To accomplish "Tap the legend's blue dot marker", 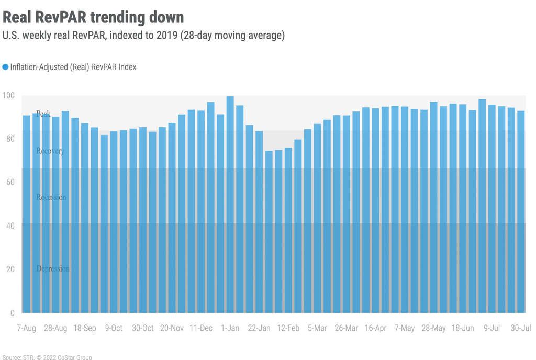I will pos(5,67).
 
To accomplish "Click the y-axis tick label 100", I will pos(8,95).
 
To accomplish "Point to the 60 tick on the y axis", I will pos(10,182).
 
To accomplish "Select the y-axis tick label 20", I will pos(10,269).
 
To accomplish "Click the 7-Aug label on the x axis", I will pos(26,328).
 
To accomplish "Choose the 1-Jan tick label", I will pos(230,328).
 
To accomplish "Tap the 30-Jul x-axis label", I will pos(521,328).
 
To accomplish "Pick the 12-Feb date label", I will pos(288,328).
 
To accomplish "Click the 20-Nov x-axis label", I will pos(172,328).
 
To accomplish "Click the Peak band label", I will pos(43,114).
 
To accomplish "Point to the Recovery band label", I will pos(50,151).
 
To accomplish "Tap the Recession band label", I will pos(51,197).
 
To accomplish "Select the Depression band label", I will pos(52,268).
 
